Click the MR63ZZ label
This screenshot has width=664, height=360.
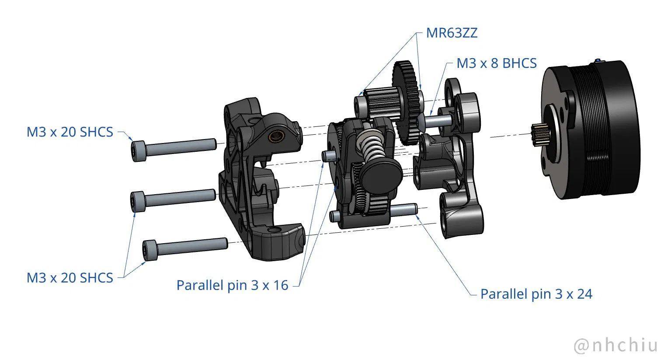coord(452,33)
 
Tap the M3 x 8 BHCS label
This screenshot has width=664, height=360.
coord(496,63)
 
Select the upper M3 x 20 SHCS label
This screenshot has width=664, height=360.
coord(70,132)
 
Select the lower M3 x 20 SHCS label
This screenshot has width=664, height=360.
coord(70,278)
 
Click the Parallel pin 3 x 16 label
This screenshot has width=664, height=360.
coord(232,285)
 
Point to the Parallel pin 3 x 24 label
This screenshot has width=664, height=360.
coord(536,294)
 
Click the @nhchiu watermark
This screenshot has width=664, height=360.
coord(615,345)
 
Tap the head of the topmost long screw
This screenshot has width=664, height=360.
coord(139,151)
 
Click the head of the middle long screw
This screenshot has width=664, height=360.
coord(138,201)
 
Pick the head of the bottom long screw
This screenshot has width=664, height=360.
coord(150,250)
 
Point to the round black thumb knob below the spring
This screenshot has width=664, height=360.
coord(382,173)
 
